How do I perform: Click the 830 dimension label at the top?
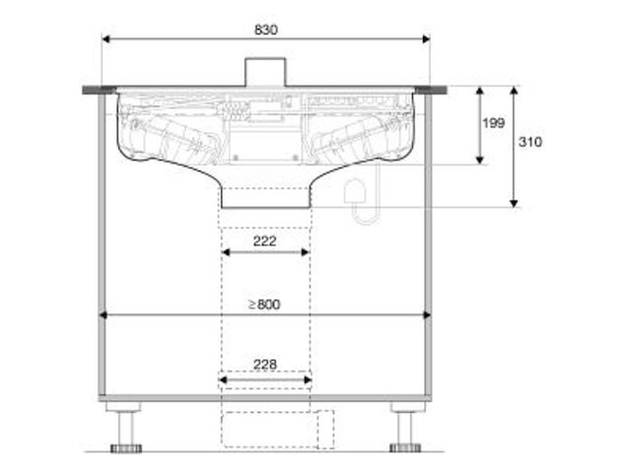pos(265,30)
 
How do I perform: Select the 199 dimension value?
pos(494,123)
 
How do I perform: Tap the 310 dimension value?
pos(529,141)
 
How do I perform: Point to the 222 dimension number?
pos(264,239)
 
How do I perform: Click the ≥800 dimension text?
pos(263,304)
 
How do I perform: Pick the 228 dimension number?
pos(264,364)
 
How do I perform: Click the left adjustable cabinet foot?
pos(126,430)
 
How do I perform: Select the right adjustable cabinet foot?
pos(405,430)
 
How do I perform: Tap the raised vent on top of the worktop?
pos(264,72)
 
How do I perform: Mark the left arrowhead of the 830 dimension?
pos(105,39)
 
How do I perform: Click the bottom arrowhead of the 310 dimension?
pos(514,202)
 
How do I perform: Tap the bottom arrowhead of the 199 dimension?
pos(479,160)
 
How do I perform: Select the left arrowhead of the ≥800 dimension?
pos(105,316)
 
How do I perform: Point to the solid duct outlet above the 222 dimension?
pos(264,199)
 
